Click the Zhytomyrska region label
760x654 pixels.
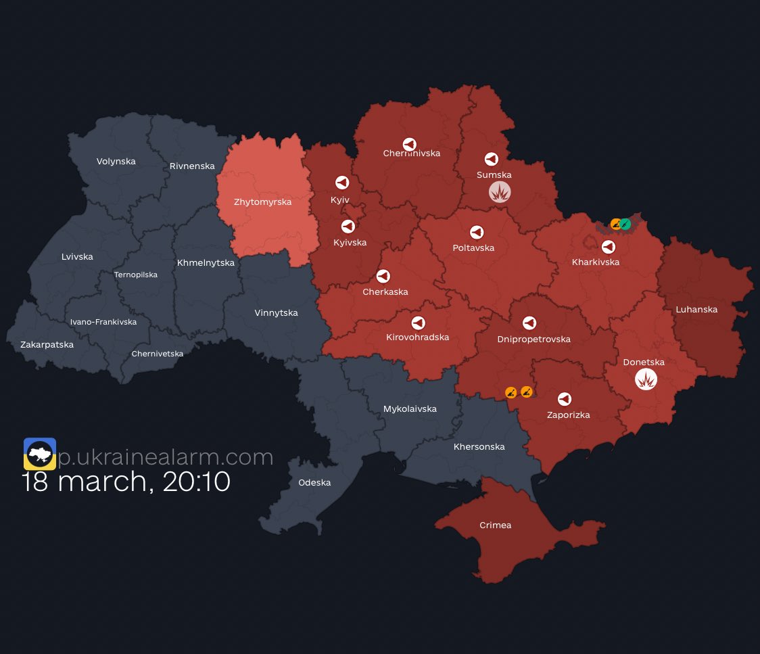[262, 202]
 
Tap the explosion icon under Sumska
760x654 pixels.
[500, 193]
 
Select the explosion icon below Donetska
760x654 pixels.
[646, 379]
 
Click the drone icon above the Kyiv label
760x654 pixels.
[342, 183]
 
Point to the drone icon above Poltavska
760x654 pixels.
[477, 232]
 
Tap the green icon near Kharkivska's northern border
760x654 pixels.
[625, 224]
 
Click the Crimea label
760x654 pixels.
[495, 525]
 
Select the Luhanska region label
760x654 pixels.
[696, 309]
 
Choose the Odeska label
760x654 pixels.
[314, 482]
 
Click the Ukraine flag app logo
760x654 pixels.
[40, 454]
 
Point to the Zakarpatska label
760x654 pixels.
[47, 344]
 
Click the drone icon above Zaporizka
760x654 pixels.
[564, 399]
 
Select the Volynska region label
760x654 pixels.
[116, 161]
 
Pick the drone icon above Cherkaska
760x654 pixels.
[383, 276]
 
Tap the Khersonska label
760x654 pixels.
[479, 446]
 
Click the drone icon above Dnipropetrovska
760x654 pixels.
[529, 323]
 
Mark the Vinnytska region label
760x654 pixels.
[276, 312]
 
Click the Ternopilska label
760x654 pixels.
[136, 275]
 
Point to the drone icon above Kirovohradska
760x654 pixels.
[418, 323]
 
